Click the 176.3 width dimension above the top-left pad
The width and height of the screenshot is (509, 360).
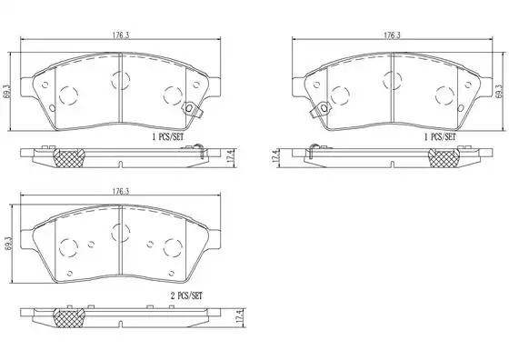pos(121,35)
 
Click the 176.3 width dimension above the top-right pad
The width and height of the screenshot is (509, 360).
pos(392,35)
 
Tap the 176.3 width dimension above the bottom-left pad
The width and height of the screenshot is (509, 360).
pos(121,191)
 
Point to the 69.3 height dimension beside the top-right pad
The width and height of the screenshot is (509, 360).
pos(499,92)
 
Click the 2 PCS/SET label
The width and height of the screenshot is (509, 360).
pos(186,295)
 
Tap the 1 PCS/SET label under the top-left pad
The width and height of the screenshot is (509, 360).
pos(168,137)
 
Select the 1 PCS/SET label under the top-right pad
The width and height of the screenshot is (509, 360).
pos(440,137)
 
